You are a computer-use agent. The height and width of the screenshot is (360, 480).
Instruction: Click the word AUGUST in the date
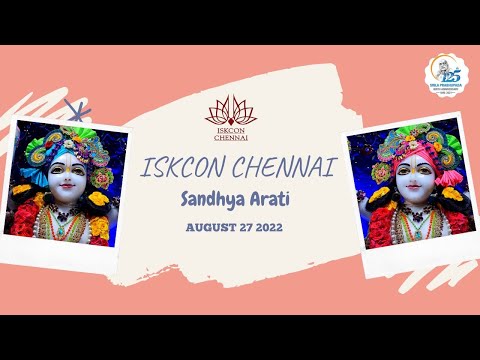pyautogui.click(x=210, y=227)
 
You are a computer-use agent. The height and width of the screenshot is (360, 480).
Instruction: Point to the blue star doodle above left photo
pyautogui.click(x=71, y=107)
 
